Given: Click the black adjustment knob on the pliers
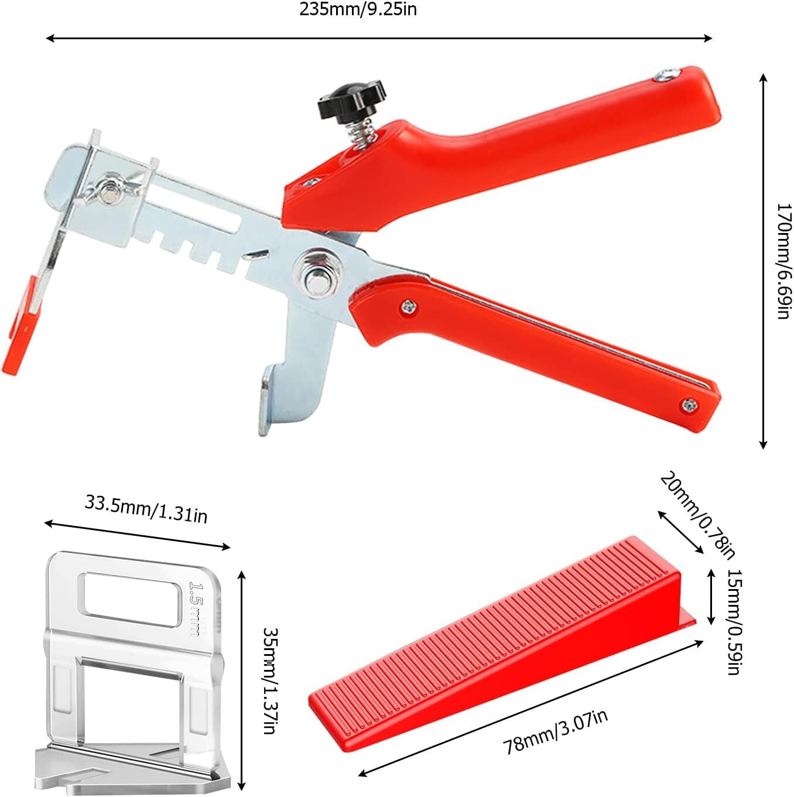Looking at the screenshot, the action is click(x=351, y=99).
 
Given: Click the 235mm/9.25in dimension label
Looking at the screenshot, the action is click(x=358, y=9).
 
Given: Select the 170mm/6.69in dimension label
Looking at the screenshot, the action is click(x=783, y=261).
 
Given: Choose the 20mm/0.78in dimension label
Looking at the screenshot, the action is click(x=698, y=516).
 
